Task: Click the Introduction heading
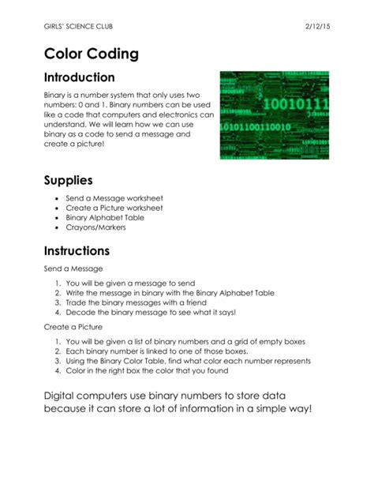tap(79, 77)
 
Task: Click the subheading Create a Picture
tap(73, 325)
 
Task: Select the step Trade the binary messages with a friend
tap(136, 303)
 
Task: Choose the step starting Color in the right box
tap(155, 370)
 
